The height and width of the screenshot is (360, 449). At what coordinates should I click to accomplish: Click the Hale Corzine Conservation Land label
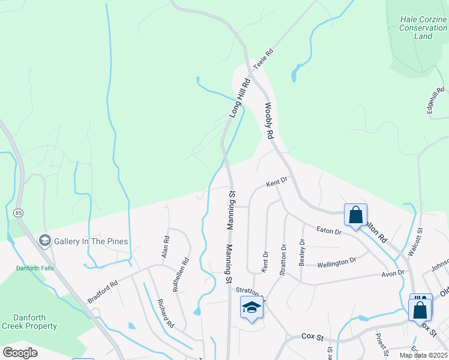click(x=423, y=28)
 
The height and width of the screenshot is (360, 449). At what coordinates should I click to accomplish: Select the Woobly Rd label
click(x=269, y=121)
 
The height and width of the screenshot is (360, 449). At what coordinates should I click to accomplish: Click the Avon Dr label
click(x=393, y=274)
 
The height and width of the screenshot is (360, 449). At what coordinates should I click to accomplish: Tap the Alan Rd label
click(x=166, y=247)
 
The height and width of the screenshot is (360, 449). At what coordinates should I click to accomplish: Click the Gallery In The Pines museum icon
click(x=44, y=241)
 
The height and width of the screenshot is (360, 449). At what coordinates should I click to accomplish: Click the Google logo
click(x=20, y=353)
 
